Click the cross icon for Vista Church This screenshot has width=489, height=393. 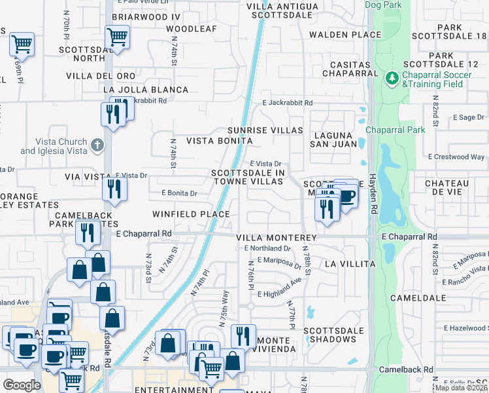[x=97, y=145]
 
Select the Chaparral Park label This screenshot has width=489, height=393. [x=396, y=130]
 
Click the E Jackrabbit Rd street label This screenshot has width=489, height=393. [x=288, y=103]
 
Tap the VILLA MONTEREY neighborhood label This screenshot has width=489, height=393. [x=276, y=238]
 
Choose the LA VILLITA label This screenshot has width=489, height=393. [x=349, y=264]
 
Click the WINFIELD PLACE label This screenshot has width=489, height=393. [x=191, y=214]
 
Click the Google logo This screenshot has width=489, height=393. [x=22, y=384]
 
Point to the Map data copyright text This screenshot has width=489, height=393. [x=461, y=388]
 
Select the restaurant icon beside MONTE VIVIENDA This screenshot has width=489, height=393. [x=243, y=336]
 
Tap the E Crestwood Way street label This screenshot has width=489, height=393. [x=456, y=157]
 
